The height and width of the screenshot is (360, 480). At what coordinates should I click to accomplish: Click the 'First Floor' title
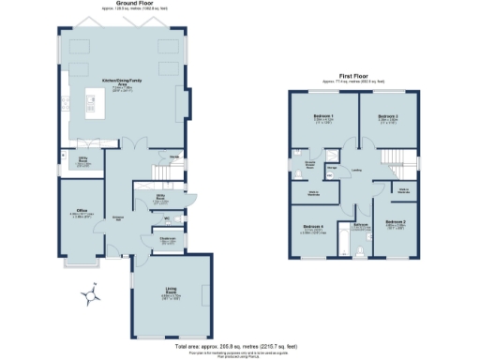click(358, 76)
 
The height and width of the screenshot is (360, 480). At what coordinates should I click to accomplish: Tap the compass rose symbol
click(90, 297)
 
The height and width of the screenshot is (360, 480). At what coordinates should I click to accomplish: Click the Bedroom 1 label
click(322, 117)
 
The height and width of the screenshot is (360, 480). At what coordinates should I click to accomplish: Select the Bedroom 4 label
click(314, 227)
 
